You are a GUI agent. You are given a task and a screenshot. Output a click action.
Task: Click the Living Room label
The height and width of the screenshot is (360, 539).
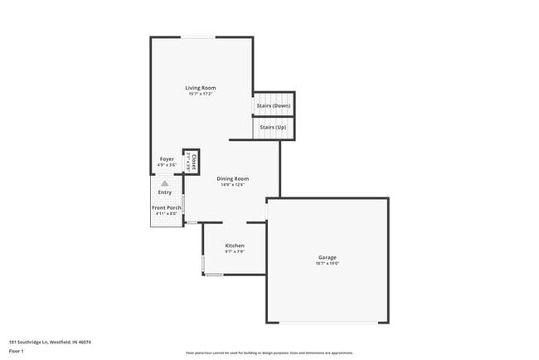click(x=201, y=87)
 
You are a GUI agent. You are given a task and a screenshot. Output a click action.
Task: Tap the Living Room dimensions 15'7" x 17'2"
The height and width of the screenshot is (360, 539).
click(x=201, y=94)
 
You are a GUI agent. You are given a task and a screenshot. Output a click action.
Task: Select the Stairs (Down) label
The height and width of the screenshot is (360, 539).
click(x=274, y=105)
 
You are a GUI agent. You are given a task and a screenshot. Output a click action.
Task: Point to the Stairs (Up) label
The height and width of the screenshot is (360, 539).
click(x=274, y=127)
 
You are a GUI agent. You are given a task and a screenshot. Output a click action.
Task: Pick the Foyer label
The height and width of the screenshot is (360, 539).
click(x=167, y=158)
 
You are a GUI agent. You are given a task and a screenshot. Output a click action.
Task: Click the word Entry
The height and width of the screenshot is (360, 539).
click(x=165, y=192)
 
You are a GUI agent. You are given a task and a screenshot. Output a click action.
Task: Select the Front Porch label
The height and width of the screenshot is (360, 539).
click(x=166, y=207)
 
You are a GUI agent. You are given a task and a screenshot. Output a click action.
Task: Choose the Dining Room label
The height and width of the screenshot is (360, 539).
click(x=233, y=178)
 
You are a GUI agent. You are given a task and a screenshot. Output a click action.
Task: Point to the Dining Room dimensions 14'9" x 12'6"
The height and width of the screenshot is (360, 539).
click(x=233, y=185)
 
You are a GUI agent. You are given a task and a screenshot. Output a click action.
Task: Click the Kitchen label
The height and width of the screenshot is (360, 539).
click(x=235, y=246)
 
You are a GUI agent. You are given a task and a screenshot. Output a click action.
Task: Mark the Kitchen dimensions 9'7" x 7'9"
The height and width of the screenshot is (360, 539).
click(x=235, y=252)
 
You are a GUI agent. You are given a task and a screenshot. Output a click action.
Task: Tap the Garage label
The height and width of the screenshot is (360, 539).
click(x=327, y=257)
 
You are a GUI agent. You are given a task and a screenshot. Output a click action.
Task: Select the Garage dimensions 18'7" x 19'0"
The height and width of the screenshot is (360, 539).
click(x=327, y=264)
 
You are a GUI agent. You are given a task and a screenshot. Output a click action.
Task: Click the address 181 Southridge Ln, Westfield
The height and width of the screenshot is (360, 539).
click(x=50, y=342)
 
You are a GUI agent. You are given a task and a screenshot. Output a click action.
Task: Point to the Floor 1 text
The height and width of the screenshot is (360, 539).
click(x=17, y=352)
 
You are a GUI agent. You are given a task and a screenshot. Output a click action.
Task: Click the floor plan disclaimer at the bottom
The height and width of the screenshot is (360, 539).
click(x=269, y=353)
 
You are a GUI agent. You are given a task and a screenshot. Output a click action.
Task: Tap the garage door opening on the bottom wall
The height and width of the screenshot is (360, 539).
click(x=327, y=323)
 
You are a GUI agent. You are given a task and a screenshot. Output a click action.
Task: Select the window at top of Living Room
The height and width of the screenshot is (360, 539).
click(x=201, y=36)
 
